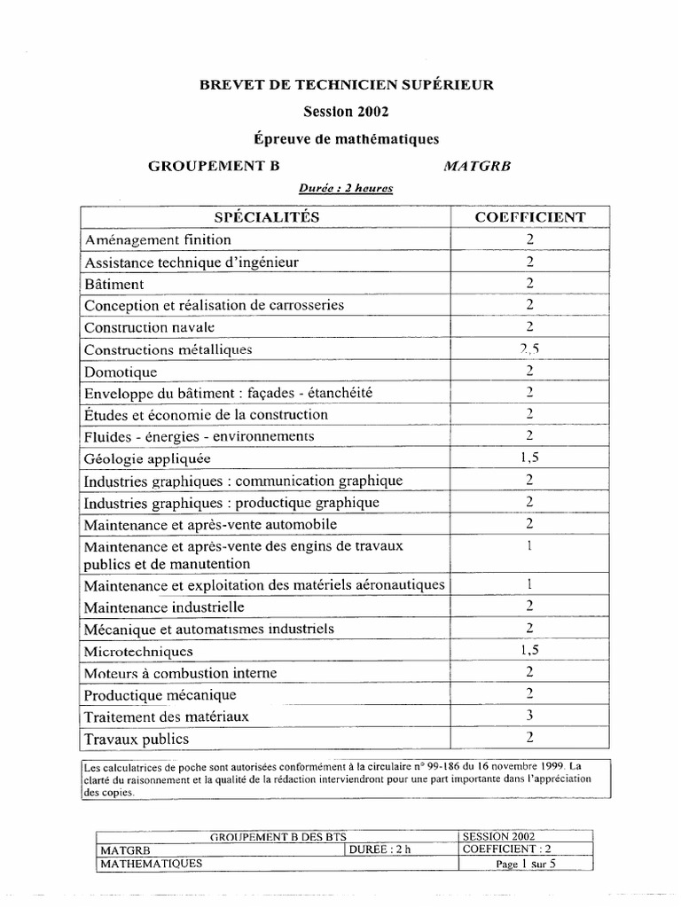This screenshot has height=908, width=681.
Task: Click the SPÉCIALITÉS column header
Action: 267,217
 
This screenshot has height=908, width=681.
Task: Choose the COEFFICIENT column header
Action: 529,217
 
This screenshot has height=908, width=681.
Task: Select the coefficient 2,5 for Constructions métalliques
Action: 529,349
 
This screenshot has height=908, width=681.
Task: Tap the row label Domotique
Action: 121,372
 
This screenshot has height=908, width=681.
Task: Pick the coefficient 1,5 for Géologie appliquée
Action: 529,458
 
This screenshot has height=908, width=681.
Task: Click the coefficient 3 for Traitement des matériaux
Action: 529,716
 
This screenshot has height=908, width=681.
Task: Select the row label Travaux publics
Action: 137,739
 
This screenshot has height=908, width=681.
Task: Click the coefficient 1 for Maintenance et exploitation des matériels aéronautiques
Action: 529,585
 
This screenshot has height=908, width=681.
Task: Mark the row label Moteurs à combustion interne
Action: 180,673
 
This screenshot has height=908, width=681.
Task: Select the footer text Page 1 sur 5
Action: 526,863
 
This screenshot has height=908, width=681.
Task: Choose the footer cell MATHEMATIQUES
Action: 151,863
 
